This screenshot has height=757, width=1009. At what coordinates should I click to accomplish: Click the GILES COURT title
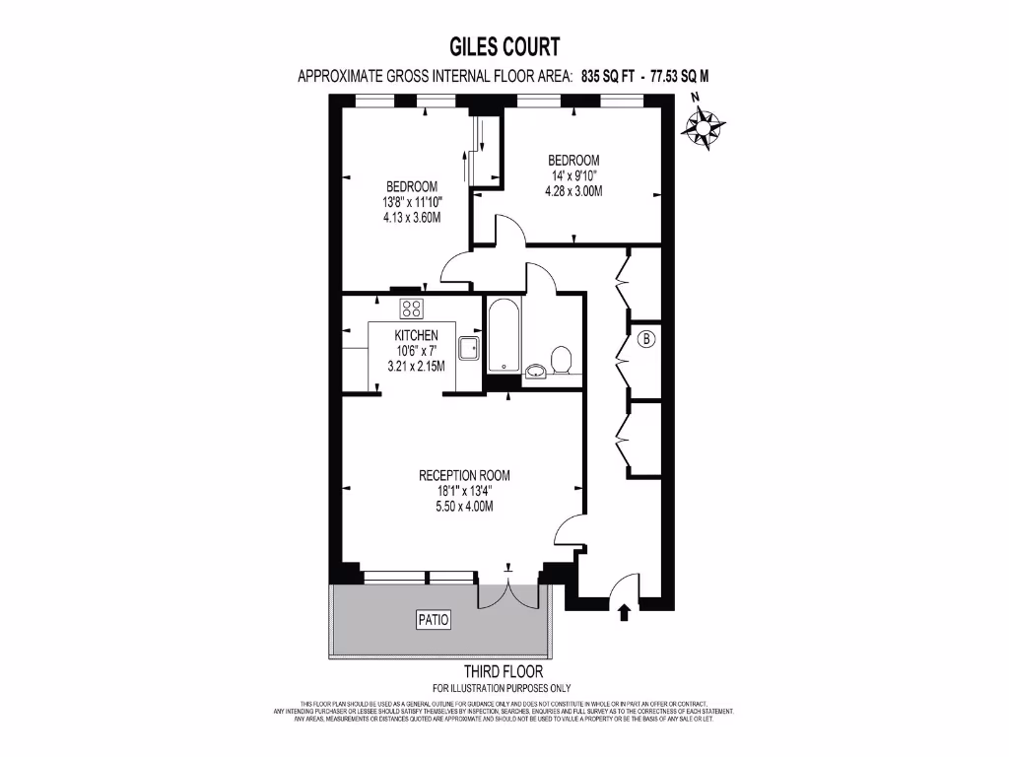click(x=504, y=46)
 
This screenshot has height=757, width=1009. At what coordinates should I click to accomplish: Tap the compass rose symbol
click(x=706, y=126)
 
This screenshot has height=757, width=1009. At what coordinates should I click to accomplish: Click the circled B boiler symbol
click(x=647, y=340)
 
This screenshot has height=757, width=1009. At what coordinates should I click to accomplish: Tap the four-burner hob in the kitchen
click(x=412, y=309)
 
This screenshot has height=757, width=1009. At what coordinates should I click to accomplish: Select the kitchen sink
click(x=468, y=347)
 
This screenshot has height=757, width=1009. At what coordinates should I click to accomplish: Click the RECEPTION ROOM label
click(x=465, y=475)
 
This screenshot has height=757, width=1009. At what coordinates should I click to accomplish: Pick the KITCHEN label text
click(x=416, y=336)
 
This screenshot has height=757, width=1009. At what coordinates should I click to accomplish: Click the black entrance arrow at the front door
click(x=623, y=613)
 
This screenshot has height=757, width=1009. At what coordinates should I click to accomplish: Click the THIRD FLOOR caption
click(x=504, y=672)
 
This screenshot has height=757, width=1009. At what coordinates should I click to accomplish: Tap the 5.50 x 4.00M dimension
click(x=465, y=507)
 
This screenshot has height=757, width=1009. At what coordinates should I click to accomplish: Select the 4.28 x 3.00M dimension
click(x=573, y=191)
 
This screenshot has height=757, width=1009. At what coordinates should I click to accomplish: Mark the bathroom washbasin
click(x=535, y=372)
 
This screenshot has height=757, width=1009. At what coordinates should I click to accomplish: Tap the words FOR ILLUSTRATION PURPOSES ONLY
click(x=504, y=688)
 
